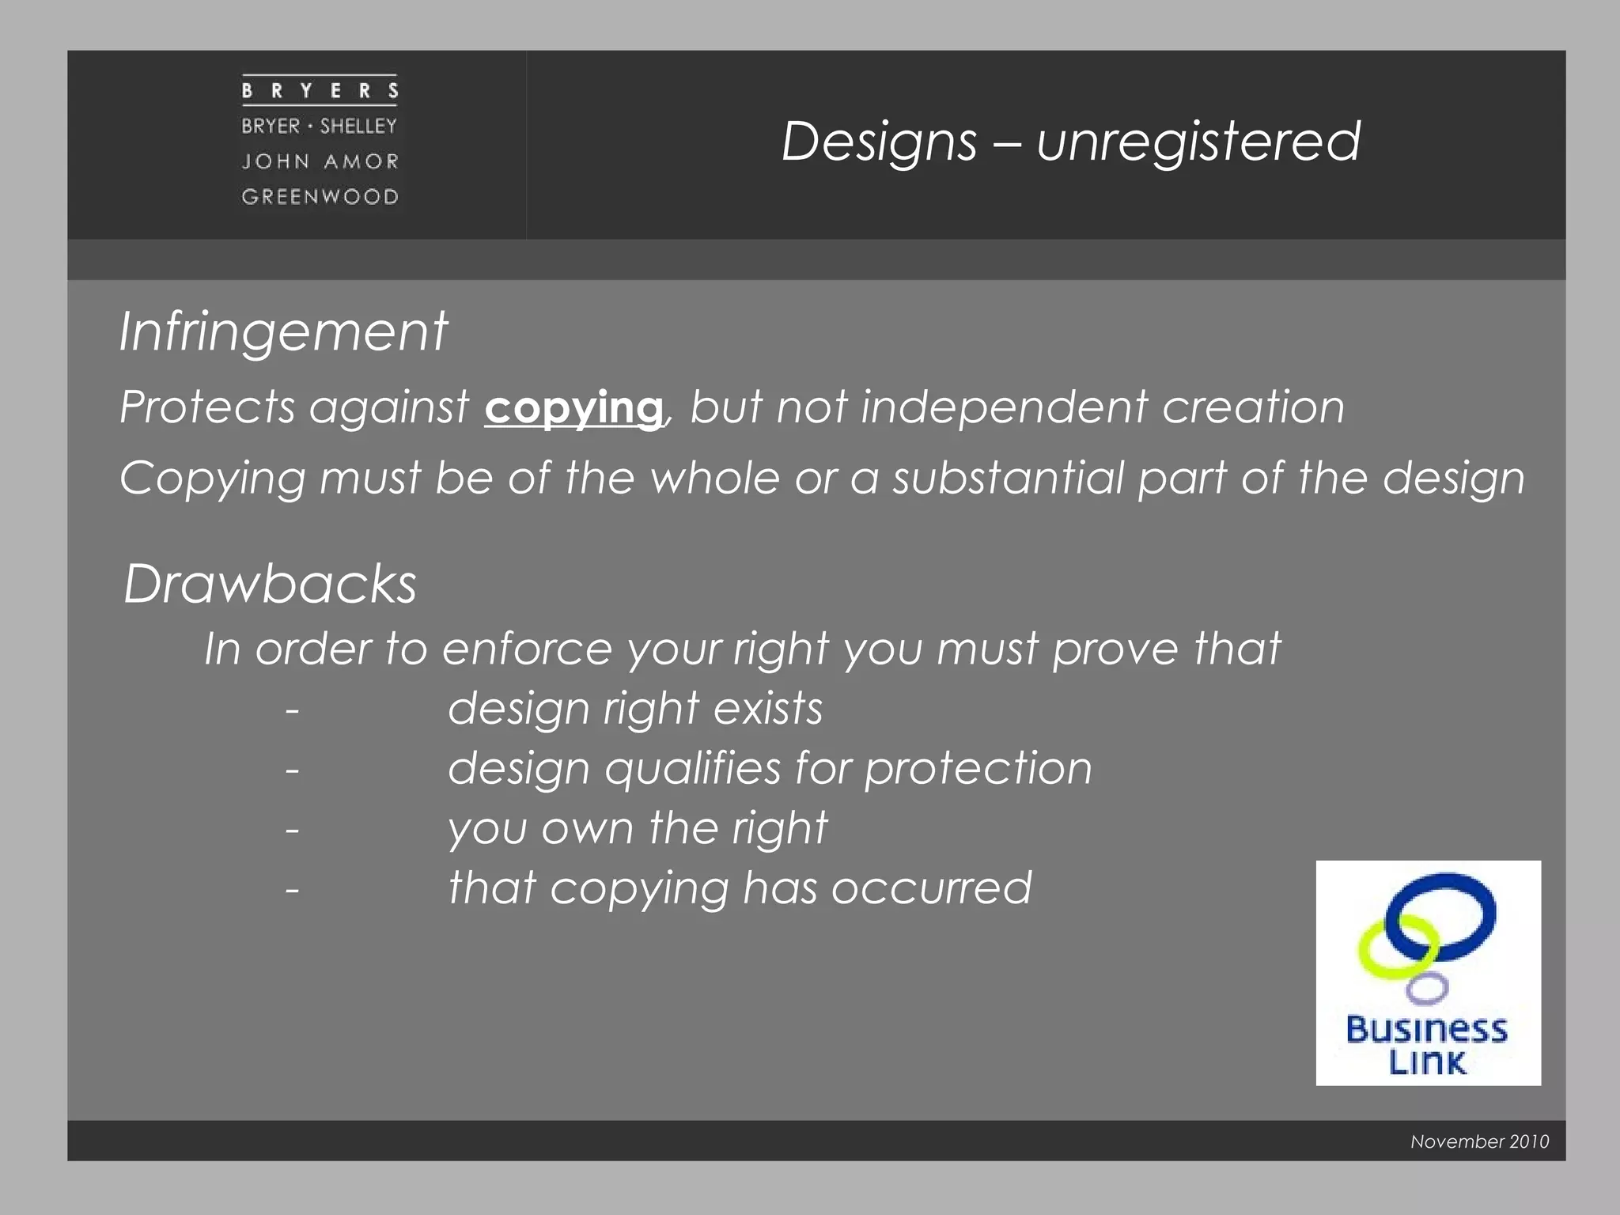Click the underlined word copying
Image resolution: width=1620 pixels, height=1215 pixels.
tap(573, 408)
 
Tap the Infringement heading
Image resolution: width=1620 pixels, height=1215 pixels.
tap(283, 331)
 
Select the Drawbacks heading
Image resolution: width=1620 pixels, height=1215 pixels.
tap(270, 585)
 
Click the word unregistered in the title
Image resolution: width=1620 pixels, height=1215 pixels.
tap(1198, 142)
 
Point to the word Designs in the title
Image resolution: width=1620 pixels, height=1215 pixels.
tap(879, 142)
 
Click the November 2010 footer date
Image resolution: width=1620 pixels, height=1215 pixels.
tap(1479, 1141)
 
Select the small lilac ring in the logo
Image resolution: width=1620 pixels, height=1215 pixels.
tap(1428, 987)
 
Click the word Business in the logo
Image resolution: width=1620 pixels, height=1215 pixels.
tap(1427, 1030)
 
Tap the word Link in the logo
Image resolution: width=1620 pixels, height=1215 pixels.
tap(1427, 1062)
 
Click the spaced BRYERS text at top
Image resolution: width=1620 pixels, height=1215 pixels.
tap(320, 91)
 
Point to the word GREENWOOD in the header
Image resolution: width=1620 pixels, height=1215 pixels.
tap(320, 197)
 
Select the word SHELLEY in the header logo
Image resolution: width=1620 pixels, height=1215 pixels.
tap(358, 127)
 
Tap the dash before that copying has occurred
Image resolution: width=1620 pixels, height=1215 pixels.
tap(293, 889)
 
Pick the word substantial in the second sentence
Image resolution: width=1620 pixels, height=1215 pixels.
tap(1008, 479)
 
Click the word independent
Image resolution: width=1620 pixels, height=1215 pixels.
tap(1004, 407)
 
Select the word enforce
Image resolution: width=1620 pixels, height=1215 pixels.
tap(527, 649)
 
